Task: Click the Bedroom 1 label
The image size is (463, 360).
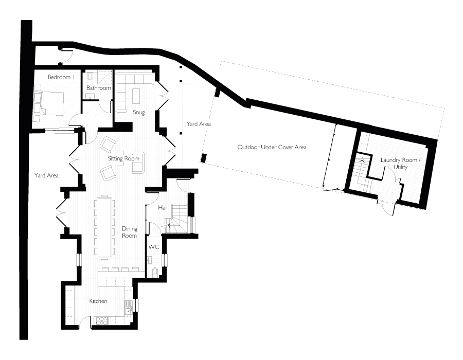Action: pyautogui.click(x=61, y=77)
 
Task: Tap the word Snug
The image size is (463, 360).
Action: pyautogui.click(x=138, y=113)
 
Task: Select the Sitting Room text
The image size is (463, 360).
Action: pyautogui.click(x=123, y=159)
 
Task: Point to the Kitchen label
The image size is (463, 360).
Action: pyautogui.click(x=98, y=301)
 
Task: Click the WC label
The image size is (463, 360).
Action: pyautogui.click(x=153, y=247)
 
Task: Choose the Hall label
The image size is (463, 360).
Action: pyautogui.click(x=163, y=208)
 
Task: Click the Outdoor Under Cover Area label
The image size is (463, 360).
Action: pyautogui.click(x=272, y=147)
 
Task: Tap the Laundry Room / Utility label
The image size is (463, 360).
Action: pyautogui.click(x=399, y=164)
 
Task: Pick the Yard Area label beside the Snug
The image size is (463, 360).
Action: pyautogui.click(x=199, y=124)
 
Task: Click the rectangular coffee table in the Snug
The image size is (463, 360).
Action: pyautogui.click(x=136, y=96)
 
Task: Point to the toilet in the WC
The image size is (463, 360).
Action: pyautogui.click(x=155, y=273)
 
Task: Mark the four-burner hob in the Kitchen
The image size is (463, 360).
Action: pyautogui.click(x=102, y=321)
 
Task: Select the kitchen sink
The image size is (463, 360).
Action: pyautogui.click(x=128, y=310)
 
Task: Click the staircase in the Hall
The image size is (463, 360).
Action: pyautogui.click(x=176, y=219)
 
